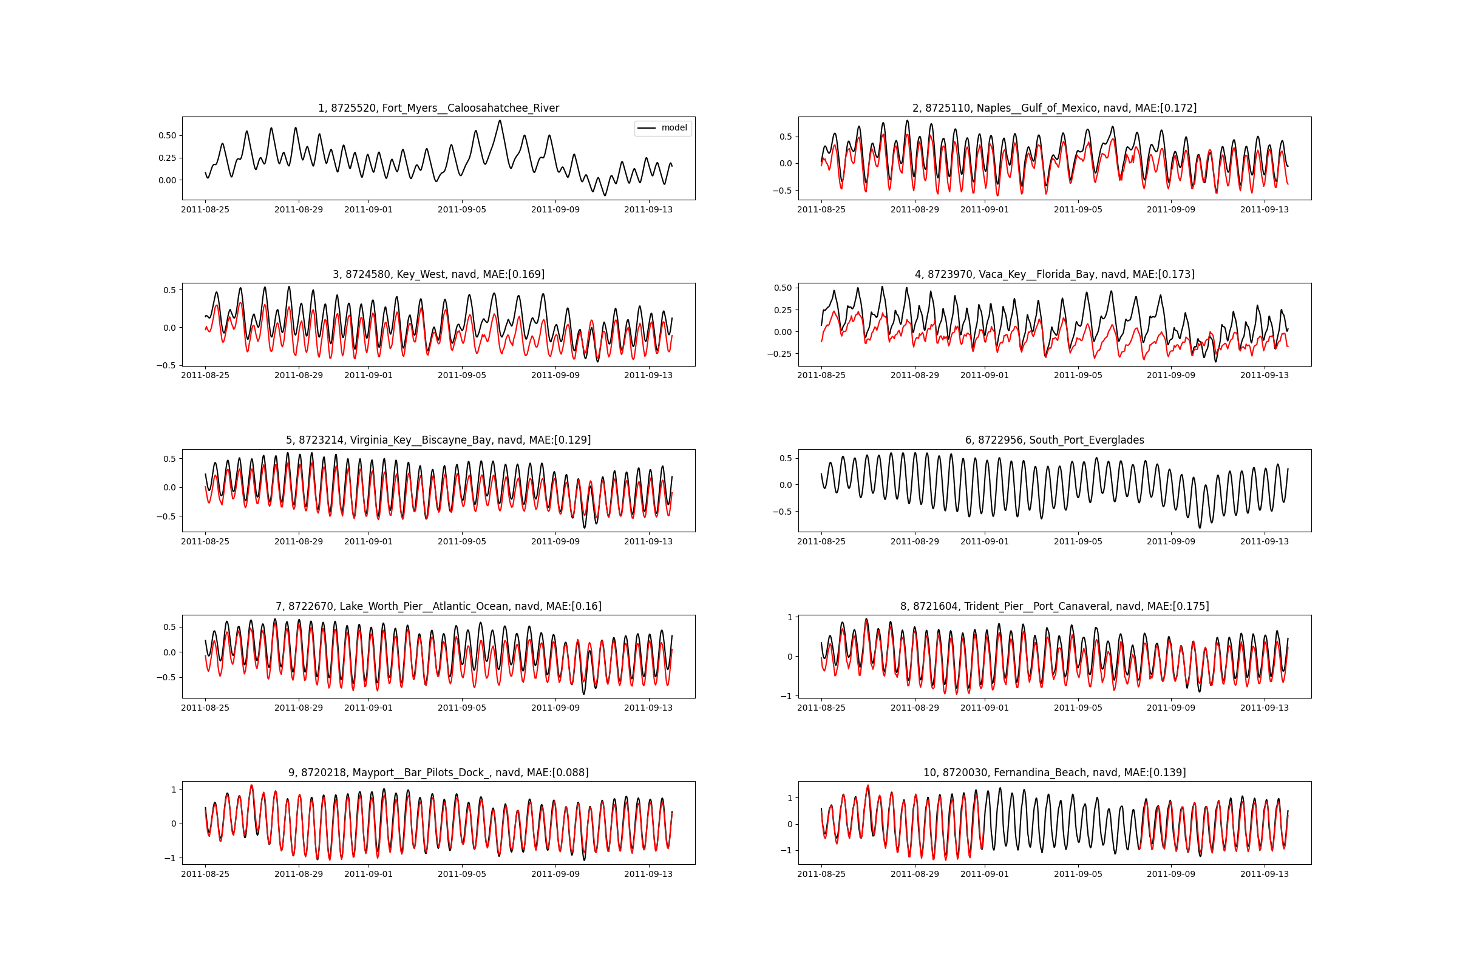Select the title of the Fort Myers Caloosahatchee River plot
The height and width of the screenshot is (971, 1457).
438,108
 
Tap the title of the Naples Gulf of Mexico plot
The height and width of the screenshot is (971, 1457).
1055,108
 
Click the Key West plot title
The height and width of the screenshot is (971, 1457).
438,274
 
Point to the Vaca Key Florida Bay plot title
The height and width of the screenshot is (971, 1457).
1055,274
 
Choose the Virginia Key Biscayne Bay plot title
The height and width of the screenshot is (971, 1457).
438,441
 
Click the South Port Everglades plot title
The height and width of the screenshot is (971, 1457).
1055,441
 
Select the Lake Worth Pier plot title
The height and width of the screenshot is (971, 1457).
438,606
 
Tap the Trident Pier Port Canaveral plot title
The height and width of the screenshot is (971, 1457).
1055,606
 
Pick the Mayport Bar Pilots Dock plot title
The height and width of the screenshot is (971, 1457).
438,773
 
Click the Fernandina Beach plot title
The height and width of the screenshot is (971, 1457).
1055,773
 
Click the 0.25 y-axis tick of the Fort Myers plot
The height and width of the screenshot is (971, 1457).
168,158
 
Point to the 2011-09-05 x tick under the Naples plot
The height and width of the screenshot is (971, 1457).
1078,209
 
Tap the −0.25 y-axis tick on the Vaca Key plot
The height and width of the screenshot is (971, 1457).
779,354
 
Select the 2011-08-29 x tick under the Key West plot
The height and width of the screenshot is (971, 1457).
299,375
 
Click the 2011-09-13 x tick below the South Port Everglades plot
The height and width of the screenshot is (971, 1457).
1265,541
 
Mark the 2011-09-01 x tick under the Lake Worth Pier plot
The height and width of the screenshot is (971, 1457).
368,708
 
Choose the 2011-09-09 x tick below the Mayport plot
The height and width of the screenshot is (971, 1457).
555,874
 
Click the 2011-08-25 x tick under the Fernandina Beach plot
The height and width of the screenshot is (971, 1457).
821,874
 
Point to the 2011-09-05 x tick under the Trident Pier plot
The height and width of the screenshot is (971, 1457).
1078,708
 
